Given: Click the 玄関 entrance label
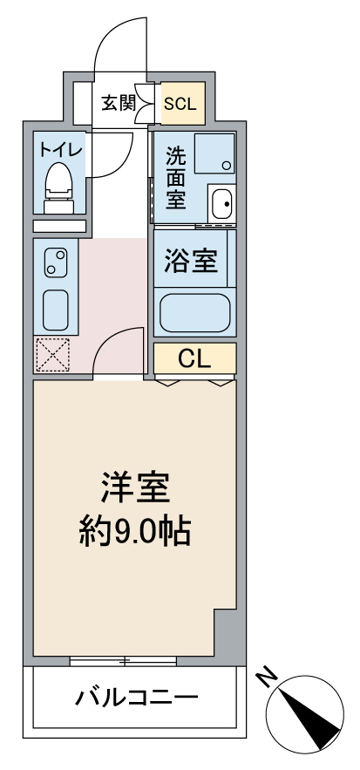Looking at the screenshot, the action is coord(119,103).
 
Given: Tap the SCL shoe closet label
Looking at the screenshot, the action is coord(180,104).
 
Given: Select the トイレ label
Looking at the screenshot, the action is coord(59,148).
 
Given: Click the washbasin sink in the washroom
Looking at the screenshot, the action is coord(222,203).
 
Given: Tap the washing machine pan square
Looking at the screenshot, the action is coord(214,153).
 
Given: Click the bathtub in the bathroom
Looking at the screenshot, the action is coord(195,313).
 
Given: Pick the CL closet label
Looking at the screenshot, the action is coord(194,359).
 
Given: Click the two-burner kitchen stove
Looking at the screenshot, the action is coord(56,262).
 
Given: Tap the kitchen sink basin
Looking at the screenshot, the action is coord(56,310).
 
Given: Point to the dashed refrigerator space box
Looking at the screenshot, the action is coord(52,355).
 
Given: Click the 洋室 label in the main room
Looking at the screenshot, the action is coord(135,487).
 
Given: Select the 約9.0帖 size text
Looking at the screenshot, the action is coord(134,531).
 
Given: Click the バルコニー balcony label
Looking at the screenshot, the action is coord(137,697).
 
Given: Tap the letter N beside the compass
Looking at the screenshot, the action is coord(268,678).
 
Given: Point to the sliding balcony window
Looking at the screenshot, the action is coord(123,661).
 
